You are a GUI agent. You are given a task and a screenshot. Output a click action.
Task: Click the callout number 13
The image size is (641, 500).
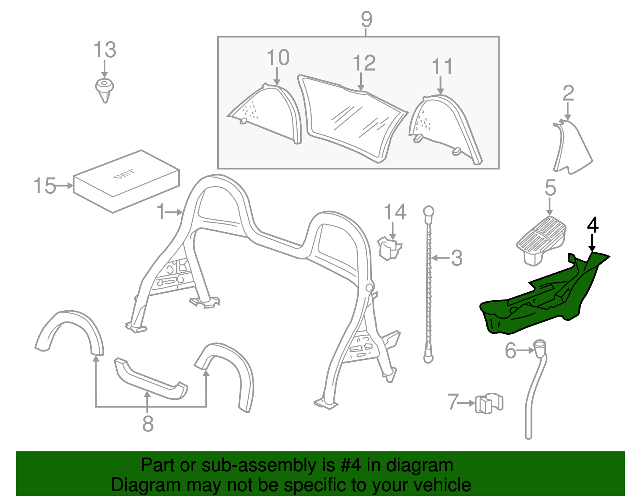pos(105,50)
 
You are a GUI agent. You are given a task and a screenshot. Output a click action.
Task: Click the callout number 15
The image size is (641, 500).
pos(44,186)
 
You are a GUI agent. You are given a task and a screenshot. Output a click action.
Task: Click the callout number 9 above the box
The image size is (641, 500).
pos(367,19)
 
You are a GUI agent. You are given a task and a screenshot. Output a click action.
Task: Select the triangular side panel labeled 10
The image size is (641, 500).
pos(268,112)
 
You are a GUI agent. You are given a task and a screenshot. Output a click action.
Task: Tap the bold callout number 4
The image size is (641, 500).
pos(593,225)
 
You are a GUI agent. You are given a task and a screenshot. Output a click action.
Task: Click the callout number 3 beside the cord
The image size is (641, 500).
pos(457,258)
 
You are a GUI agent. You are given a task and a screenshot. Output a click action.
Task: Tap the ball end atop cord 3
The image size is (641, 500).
pos(429,211)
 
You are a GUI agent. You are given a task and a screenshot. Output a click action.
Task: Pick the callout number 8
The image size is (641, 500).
pos(148,424)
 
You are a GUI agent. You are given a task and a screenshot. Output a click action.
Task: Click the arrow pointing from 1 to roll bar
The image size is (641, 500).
pos(175,212)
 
